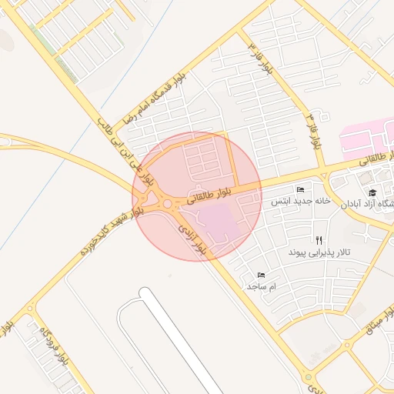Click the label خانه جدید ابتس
[299, 200]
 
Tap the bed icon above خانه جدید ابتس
[300, 189]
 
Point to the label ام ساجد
[261, 285]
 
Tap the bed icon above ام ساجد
[261, 275]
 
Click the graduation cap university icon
[372, 193]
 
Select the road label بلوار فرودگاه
[56, 346]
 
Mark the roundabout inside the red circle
[168, 205]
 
